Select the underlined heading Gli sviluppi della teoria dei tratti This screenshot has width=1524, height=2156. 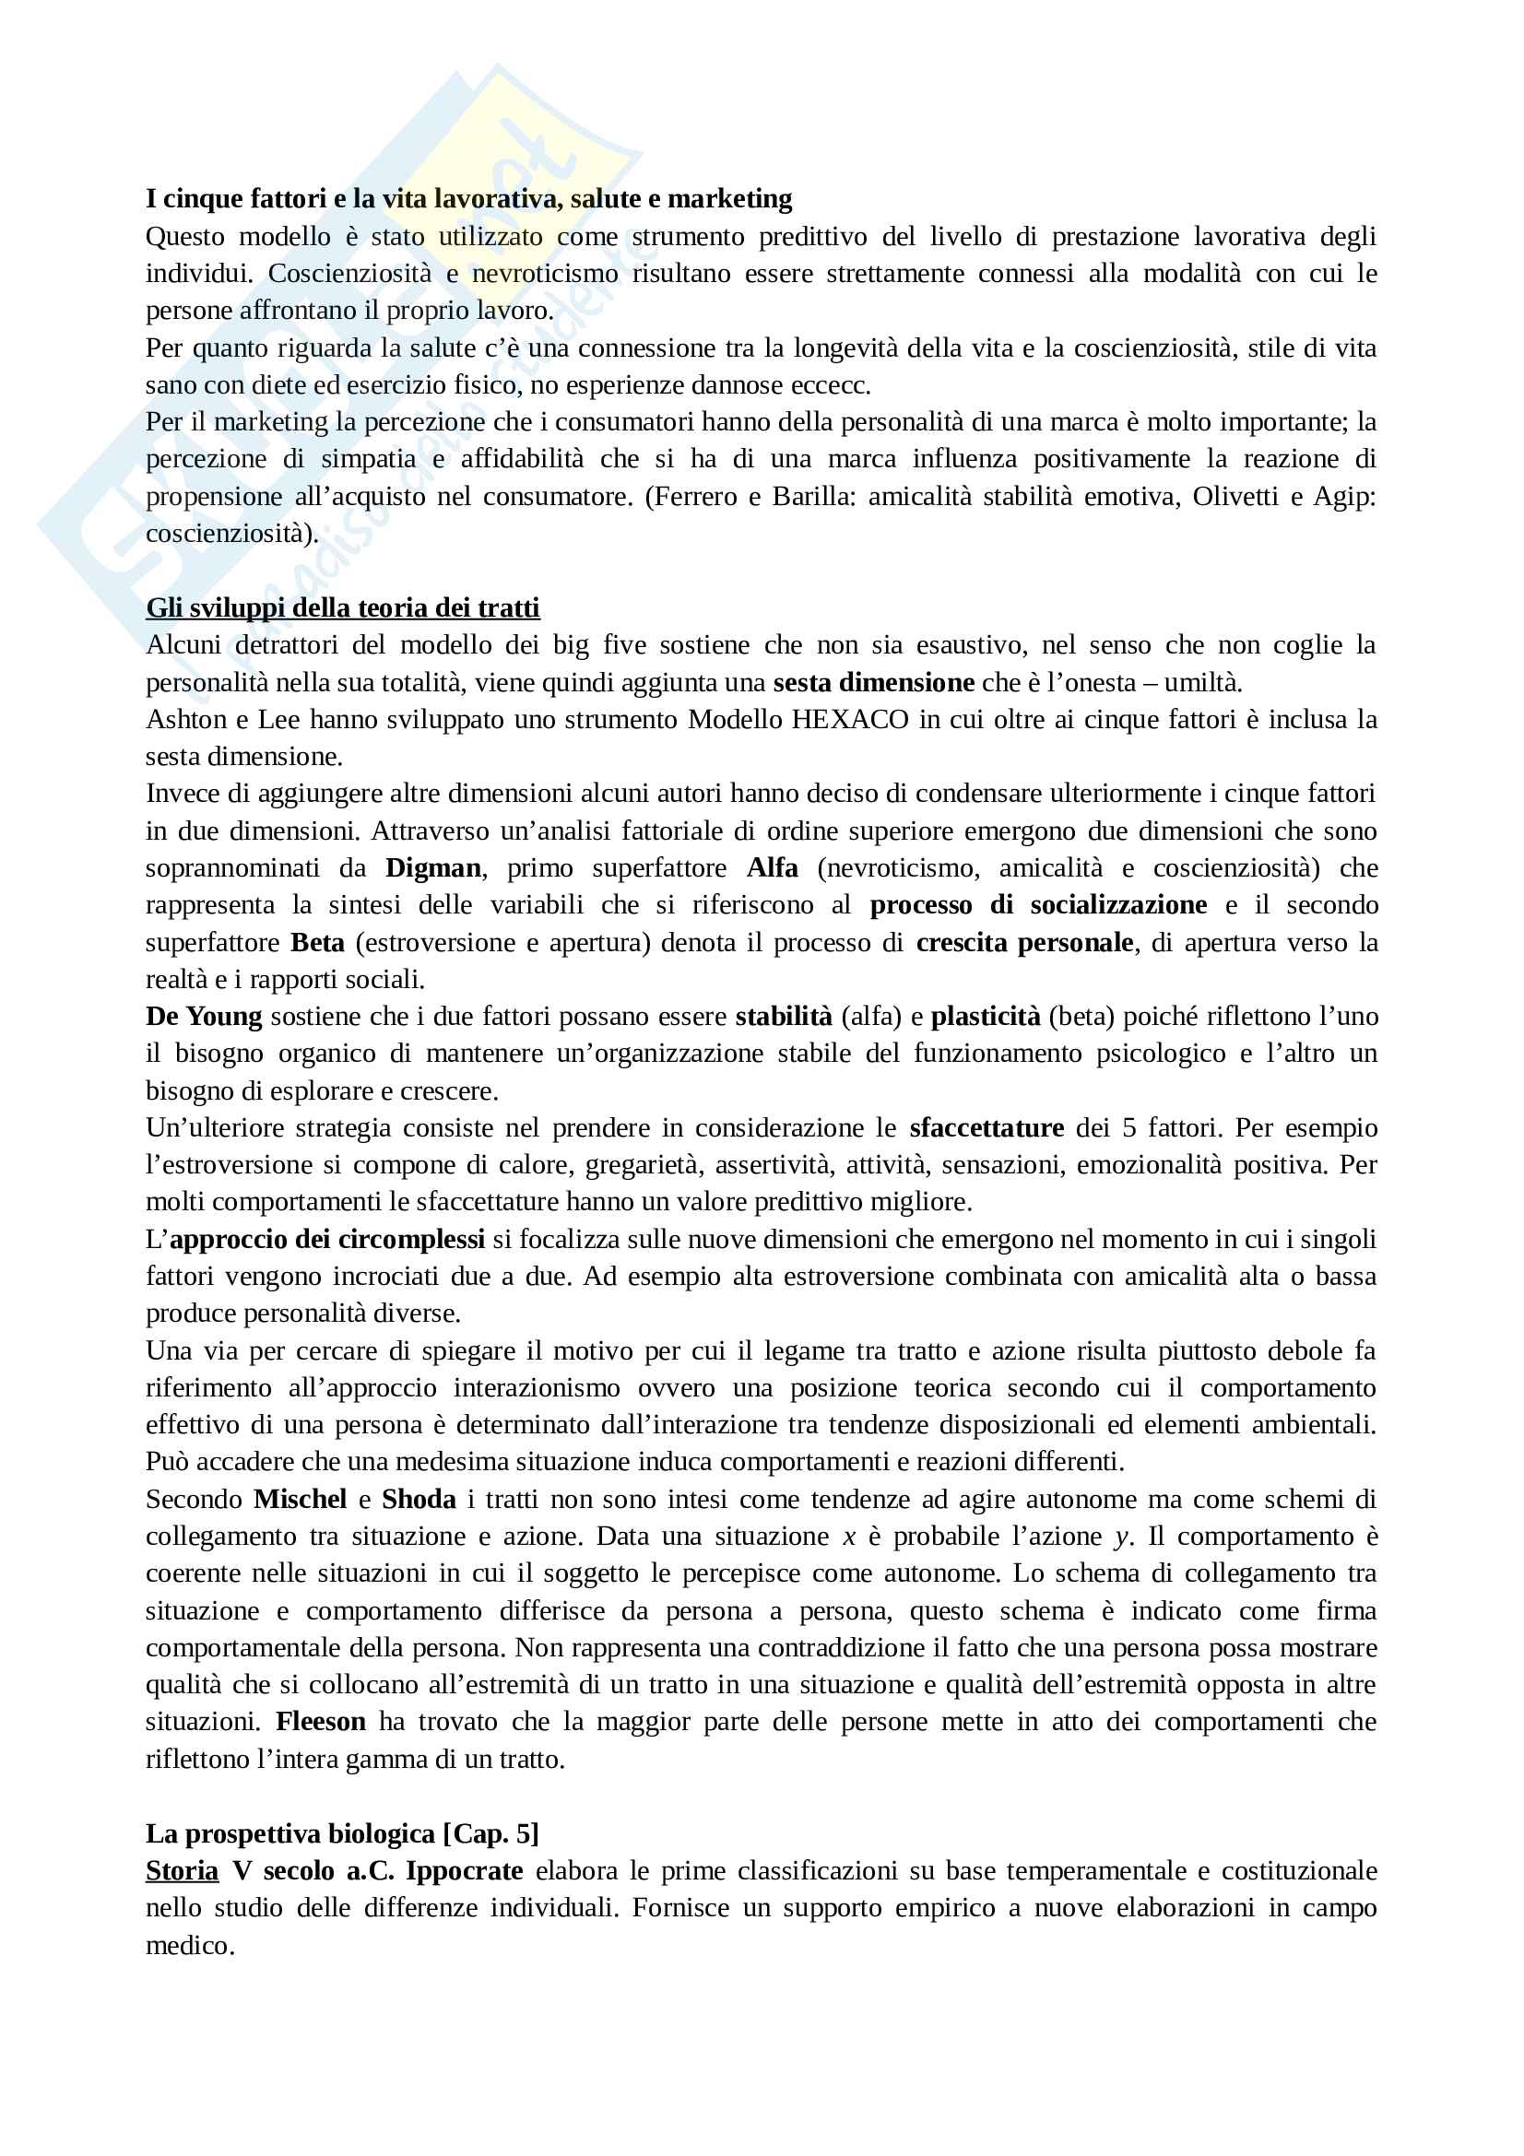click(x=343, y=608)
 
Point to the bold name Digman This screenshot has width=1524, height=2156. click(x=433, y=868)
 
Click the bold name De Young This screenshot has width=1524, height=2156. click(x=204, y=1017)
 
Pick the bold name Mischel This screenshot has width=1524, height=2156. click(x=300, y=1500)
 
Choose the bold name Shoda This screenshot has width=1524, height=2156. click(x=419, y=1500)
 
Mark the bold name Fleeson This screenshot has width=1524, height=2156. click(x=320, y=1722)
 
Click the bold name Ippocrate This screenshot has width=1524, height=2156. click(x=464, y=1870)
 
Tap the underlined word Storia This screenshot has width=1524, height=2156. click(x=183, y=1870)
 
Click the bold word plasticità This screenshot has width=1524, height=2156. click(x=985, y=1017)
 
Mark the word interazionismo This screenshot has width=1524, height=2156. click(x=537, y=1388)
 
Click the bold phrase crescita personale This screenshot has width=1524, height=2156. click(x=1024, y=943)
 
